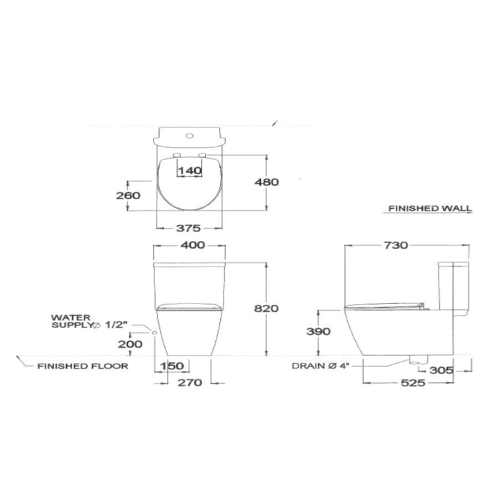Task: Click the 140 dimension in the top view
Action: (190, 171)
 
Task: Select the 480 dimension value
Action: (266, 182)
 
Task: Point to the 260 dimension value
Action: (129, 195)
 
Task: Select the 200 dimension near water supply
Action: (130, 344)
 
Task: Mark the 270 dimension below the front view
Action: (190, 382)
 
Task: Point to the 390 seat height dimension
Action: (318, 331)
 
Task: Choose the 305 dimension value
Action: (442, 370)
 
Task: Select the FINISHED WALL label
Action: (430, 209)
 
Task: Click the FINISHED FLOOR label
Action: (83, 366)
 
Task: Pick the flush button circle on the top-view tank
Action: (190, 134)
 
